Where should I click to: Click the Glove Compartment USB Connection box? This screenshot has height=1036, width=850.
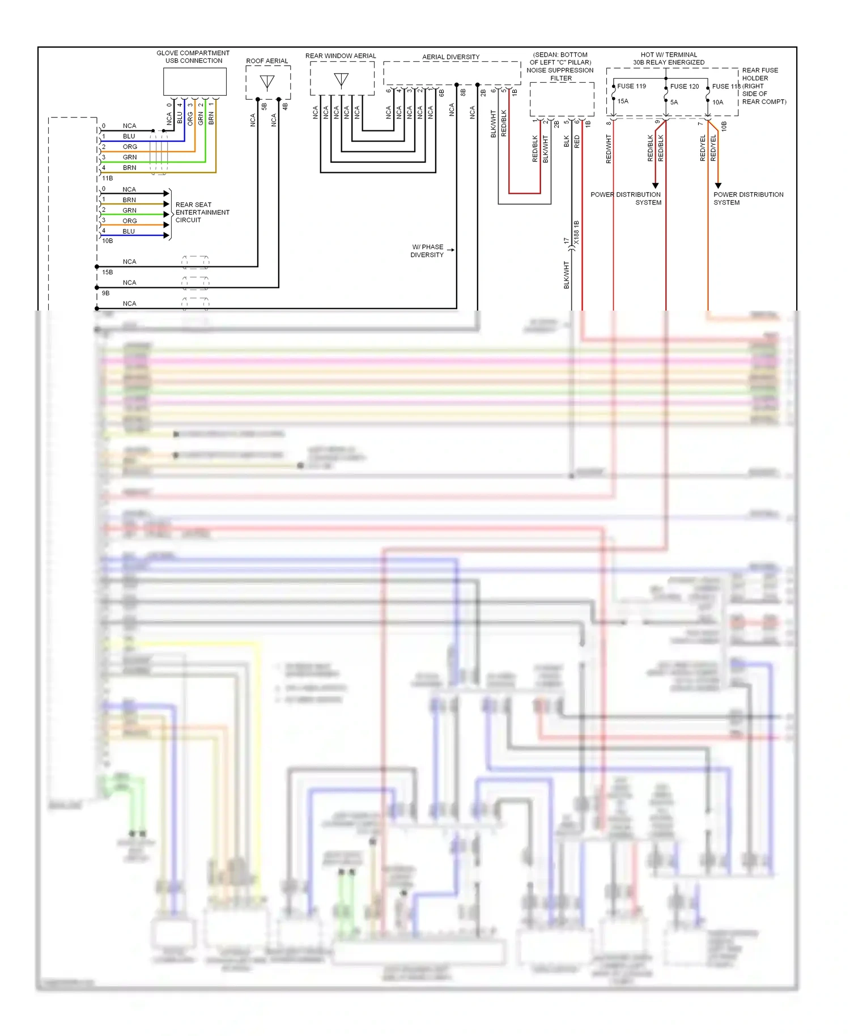pos(194,82)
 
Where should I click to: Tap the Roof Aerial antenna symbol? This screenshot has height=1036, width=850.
pos(267,82)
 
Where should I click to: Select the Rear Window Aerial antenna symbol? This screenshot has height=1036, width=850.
pos(341,79)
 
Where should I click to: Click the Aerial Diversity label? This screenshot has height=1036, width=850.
pos(450,57)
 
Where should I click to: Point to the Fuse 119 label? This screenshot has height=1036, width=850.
pos(631,86)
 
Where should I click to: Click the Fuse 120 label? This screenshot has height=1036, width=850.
pos(684,86)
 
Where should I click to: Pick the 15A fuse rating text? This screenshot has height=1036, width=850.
pos(623,101)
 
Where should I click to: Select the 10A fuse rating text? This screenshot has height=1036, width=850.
pos(717,103)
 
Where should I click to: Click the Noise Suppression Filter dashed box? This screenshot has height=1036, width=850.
pos(562,99)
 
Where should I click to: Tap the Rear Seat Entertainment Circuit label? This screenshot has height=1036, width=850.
pos(202,213)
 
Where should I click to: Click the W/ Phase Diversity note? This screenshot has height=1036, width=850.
pos(427,251)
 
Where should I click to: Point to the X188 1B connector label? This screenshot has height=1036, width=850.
pos(576,233)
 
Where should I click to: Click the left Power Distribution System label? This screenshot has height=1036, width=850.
pos(626,198)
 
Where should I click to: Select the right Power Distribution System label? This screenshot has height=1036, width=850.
pos(748,198)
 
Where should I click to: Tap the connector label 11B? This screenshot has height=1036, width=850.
pos(107,179)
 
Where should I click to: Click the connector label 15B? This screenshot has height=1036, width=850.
pos(107,273)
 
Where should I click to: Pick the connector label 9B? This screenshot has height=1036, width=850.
pos(105,294)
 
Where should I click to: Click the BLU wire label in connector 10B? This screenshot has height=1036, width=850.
pos(129,231)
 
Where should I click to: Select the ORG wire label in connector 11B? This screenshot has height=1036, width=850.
pos(130,147)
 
